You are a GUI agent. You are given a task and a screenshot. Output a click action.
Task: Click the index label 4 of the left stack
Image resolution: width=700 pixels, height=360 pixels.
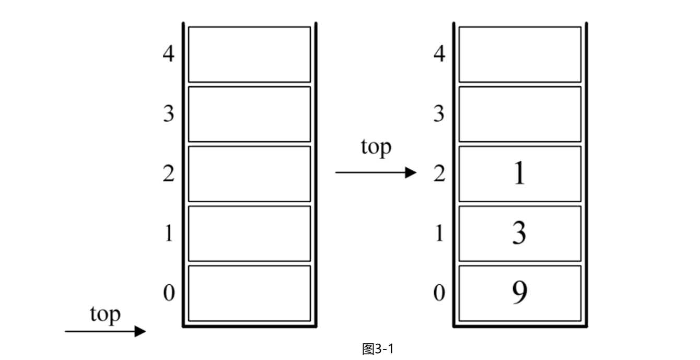(x=169, y=54)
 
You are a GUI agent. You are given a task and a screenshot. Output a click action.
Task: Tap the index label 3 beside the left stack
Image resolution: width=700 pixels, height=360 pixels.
(x=169, y=113)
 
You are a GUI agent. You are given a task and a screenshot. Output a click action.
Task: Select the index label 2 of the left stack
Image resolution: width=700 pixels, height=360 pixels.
(x=169, y=173)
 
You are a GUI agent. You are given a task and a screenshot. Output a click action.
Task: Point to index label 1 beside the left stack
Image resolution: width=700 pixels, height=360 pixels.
(x=169, y=233)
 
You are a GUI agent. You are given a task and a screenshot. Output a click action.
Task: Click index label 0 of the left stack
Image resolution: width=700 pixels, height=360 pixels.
(x=169, y=293)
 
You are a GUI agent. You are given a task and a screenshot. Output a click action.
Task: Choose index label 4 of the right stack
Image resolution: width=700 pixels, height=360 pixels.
(x=439, y=54)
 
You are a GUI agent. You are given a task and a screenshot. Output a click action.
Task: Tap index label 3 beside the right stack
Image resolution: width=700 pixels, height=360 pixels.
(x=439, y=113)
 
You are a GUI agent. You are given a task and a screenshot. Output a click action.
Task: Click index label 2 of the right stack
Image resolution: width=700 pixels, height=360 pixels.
(x=439, y=173)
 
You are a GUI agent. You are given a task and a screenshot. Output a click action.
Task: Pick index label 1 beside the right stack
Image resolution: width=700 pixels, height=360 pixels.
(x=439, y=233)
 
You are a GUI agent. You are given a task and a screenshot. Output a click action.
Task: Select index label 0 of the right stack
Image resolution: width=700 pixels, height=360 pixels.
(x=439, y=293)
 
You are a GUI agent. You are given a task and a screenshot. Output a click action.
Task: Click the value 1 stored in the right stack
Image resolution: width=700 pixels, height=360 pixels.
(x=519, y=173)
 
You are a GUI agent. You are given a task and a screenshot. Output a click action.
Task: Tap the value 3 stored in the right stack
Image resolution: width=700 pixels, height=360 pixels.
(x=519, y=233)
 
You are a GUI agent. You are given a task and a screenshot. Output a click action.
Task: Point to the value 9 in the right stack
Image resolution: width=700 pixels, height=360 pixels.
(x=520, y=292)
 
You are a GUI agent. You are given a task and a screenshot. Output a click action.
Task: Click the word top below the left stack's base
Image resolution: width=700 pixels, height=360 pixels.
(x=106, y=315)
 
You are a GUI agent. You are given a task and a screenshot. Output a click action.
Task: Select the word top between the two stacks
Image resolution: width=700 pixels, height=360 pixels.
(x=376, y=147)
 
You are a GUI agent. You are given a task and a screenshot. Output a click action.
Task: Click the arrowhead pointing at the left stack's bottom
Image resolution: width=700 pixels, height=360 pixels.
(x=141, y=331)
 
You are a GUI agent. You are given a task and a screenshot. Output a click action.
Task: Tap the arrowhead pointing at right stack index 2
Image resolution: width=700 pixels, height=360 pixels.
(x=411, y=172)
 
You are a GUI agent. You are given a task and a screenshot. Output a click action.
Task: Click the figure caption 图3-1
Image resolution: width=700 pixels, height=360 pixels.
(x=378, y=349)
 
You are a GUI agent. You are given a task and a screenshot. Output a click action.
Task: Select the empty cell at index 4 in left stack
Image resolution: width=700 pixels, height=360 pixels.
(x=249, y=54)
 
